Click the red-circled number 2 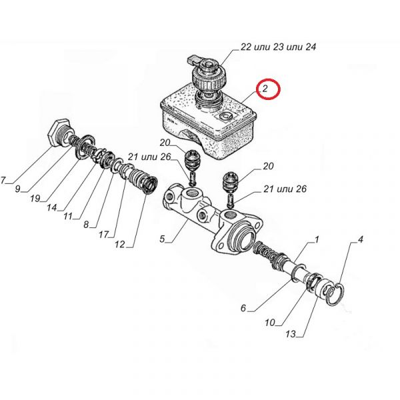click(265, 89)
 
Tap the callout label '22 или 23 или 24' click(278, 47)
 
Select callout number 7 click(3, 181)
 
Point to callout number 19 click(35, 198)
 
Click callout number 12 click(119, 245)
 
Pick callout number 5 click(163, 239)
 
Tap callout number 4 click(360, 239)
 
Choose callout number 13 click(291, 334)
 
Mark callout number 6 click(243, 308)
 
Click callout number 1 click(317, 239)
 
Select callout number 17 click(104, 235)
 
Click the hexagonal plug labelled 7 click(59, 132)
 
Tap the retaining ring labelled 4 click(335, 294)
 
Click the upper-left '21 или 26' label click(149, 157)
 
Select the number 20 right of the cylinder click(268, 166)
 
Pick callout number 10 click(270, 323)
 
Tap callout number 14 click(52, 207)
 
